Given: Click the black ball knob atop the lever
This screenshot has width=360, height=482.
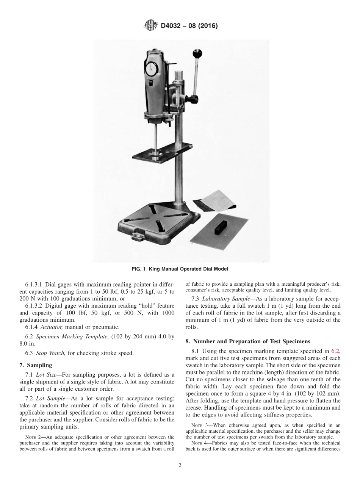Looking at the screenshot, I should click(197, 53).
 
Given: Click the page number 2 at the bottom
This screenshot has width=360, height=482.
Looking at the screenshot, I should click(180, 466).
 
